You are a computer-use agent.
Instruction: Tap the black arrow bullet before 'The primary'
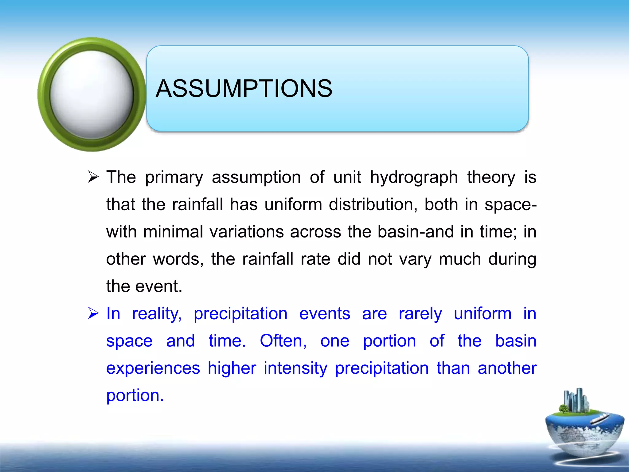(x=93, y=177)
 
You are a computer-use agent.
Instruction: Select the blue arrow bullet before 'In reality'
(x=93, y=313)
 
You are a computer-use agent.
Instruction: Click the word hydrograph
(x=414, y=178)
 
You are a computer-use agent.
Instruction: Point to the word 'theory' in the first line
(x=491, y=178)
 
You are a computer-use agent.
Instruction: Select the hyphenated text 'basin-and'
(x=415, y=232)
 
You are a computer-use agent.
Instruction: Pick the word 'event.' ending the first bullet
(x=159, y=286)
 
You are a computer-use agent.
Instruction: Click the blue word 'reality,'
(x=157, y=314)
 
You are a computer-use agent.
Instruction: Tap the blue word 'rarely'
(x=420, y=314)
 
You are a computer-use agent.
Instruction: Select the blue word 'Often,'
(x=283, y=341)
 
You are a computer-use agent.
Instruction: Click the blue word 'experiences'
(x=153, y=368)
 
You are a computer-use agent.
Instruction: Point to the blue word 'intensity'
(x=295, y=368)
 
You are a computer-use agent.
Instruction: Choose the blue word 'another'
(x=507, y=368)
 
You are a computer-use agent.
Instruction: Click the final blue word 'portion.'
(x=135, y=395)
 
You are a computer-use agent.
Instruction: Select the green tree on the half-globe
(x=563, y=409)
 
